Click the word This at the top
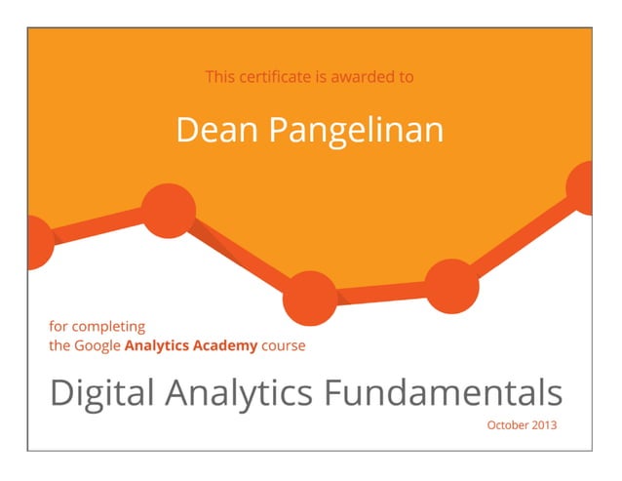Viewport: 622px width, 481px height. pyautogui.click(x=219, y=76)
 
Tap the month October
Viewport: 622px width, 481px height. pyautogui.click(x=510, y=426)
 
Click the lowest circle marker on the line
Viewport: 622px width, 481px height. pyautogui.click(x=310, y=298)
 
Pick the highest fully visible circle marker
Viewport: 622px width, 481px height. pyautogui.click(x=169, y=211)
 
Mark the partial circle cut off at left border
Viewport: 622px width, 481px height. pyautogui.click(x=39, y=242)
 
